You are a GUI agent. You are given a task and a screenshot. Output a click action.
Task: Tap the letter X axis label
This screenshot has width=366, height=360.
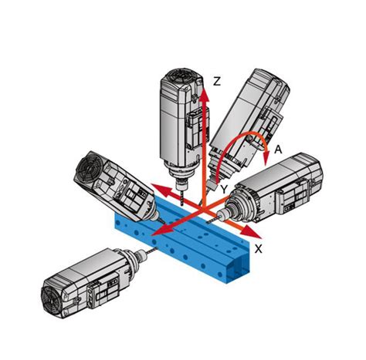pyautogui.click(x=259, y=248)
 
